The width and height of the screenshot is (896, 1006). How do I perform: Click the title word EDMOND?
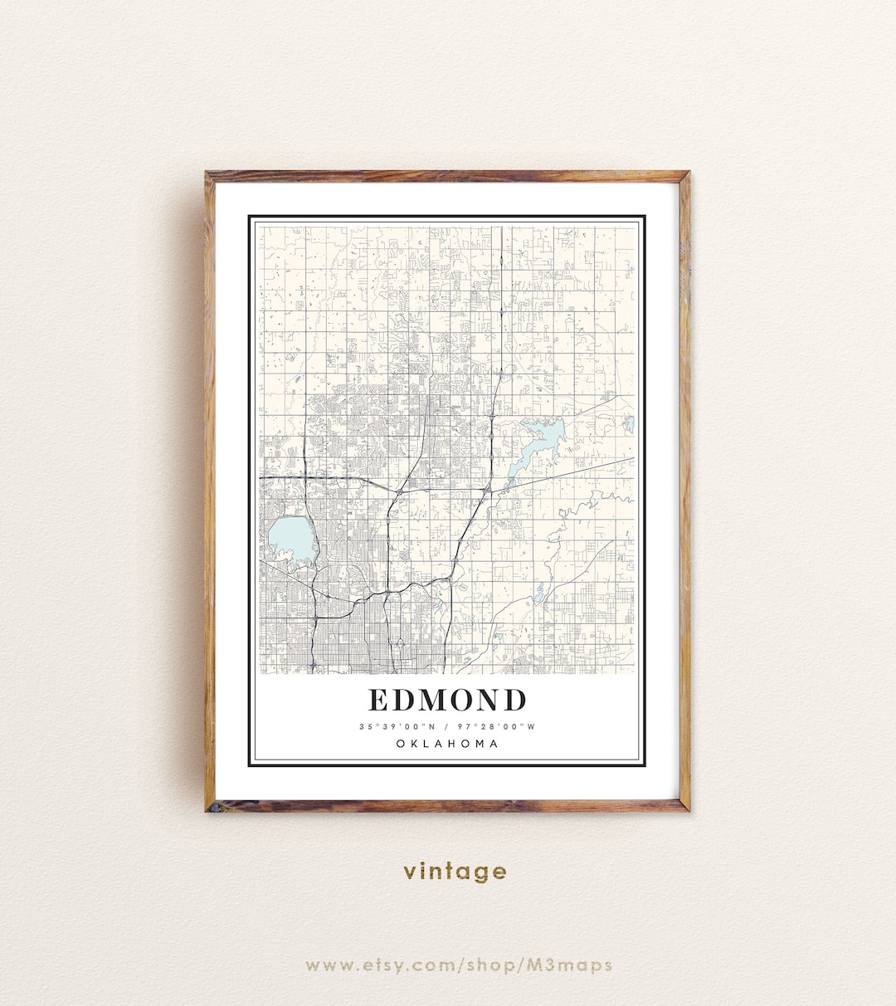click(447, 701)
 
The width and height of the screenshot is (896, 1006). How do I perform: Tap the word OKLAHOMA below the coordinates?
click(447, 744)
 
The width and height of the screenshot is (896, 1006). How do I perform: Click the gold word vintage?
click(455, 871)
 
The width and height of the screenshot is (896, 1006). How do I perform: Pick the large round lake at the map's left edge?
click(290, 540)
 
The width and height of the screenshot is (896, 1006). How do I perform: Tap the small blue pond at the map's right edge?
click(629, 424)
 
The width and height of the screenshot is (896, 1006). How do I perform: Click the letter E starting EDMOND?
click(378, 701)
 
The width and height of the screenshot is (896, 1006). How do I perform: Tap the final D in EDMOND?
click(514, 701)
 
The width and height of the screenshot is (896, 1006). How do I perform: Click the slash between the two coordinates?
click(447, 726)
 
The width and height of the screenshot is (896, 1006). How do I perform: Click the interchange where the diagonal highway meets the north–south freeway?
click(485, 493)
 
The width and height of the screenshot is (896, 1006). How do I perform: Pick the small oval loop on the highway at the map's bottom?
click(398, 643)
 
